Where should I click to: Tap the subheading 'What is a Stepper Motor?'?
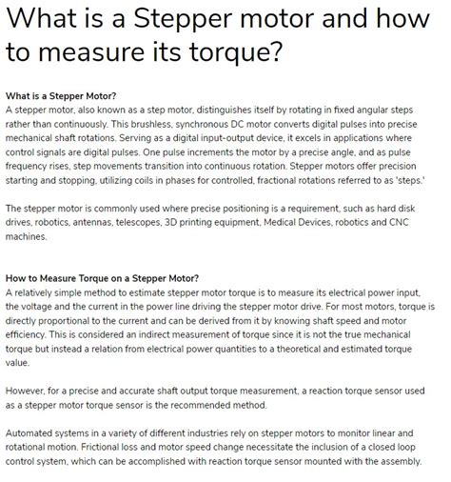pyautogui.click(x=61, y=96)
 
